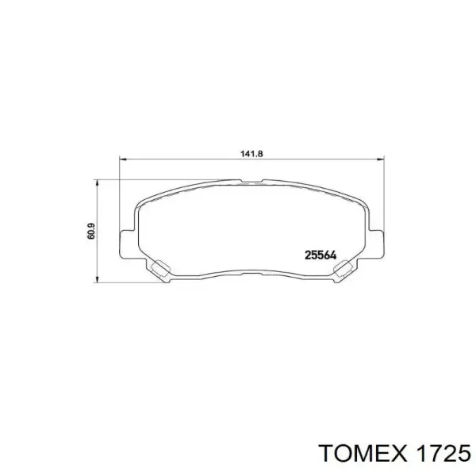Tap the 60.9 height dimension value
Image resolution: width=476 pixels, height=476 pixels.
tap(91, 231)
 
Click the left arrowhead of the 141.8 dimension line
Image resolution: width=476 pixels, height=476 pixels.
tap(122, 159)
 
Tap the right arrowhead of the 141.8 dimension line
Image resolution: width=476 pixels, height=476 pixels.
tap(383, 159)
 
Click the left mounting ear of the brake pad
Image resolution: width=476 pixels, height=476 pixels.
tap(125, 243)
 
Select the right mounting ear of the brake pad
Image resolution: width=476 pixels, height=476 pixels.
tap(380, 243)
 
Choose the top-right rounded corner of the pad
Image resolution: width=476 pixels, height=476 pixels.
tap(363, 205)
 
